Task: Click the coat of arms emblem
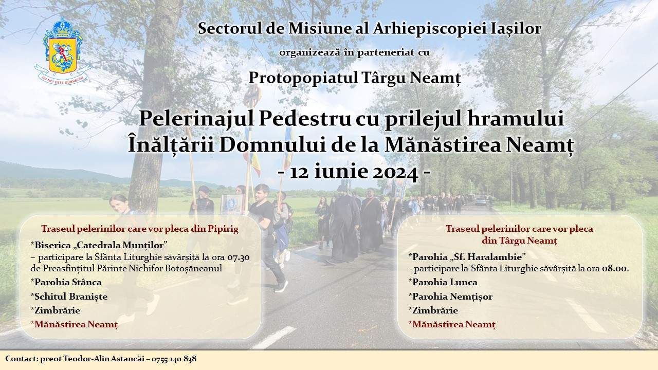coord(61,51)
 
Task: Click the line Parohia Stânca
coord(66,282)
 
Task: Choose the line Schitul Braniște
coord(69,297)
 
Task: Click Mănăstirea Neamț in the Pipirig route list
coord(75,325)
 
